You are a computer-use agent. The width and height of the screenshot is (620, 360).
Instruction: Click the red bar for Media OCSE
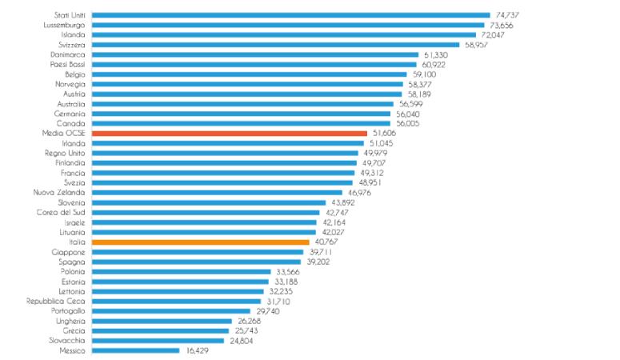click(230, 134)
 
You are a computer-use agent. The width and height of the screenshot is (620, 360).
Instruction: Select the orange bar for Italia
click(200, 242)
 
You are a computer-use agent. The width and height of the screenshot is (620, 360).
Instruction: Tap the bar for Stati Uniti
click(290, 14)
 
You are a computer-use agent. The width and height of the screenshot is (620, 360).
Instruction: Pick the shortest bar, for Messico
click(135, 350)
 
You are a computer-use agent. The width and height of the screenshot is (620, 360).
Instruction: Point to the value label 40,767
click(327, 242)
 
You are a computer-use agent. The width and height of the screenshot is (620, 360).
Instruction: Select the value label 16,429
click(198, 350)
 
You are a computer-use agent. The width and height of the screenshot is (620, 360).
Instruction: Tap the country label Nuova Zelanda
click(60, 192)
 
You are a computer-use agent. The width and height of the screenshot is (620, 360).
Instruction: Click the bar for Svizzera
click(275, 45)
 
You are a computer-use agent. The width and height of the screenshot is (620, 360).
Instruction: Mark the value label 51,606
click(385, 134)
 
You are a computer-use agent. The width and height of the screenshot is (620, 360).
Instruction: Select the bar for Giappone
click(198, 252)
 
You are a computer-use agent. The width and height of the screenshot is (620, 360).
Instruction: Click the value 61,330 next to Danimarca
click(436, 54)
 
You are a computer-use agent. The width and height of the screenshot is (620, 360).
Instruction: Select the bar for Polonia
click(181, 271)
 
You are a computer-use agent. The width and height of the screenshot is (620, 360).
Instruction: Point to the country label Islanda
click(73, 34)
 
